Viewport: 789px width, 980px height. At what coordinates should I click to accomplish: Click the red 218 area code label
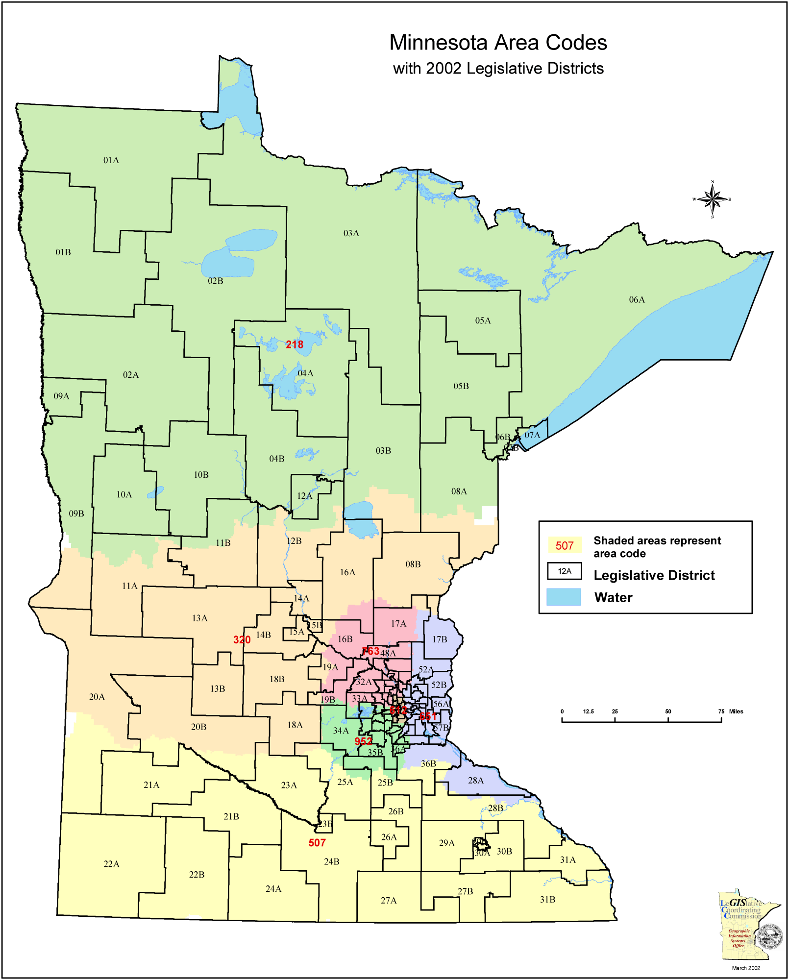click(295, 344)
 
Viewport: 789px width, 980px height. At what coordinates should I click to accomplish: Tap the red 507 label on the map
click(317, 843)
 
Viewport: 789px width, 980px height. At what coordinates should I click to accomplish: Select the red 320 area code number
click(242, 639)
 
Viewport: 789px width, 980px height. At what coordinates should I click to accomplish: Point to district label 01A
click(111, 160)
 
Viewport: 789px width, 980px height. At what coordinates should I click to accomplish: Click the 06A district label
click(637, 299)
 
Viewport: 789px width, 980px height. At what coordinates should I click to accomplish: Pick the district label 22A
click(111, 864)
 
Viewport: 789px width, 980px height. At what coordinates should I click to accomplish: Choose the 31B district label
click(547, 899)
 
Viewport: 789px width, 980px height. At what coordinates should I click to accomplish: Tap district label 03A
click(351, 233)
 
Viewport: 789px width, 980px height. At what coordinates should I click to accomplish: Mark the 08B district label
click(413, 564)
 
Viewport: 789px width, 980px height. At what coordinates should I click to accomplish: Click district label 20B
click(198, 727)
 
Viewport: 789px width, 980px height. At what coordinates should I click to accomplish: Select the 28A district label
click(475, 780)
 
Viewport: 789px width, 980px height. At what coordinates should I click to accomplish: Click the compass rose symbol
click(713, 199)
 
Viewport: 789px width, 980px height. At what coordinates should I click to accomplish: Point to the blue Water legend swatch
click(564, 597)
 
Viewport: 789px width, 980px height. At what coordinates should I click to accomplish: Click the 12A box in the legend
click(565, 571)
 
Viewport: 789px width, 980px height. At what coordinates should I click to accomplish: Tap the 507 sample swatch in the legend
click(565, 545)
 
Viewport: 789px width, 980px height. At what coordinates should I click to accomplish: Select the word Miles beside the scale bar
click(736, 711)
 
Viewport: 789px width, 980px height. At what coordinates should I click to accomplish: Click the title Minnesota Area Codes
click(498, 43)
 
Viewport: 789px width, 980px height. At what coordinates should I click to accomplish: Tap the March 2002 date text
click(746, 968)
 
